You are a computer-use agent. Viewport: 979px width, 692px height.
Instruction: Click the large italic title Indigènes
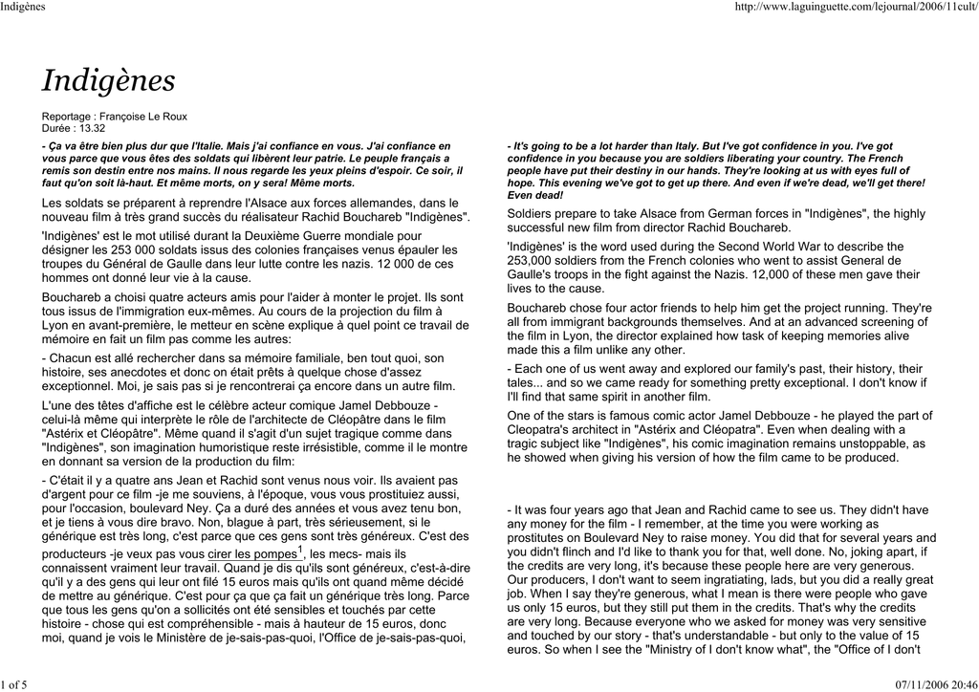point(108,81)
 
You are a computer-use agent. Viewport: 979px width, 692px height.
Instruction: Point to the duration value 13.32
point(93,128)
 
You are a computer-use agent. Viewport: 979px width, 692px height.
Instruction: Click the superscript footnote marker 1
point(300,551)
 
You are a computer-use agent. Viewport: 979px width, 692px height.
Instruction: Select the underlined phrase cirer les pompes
point(251,554)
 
